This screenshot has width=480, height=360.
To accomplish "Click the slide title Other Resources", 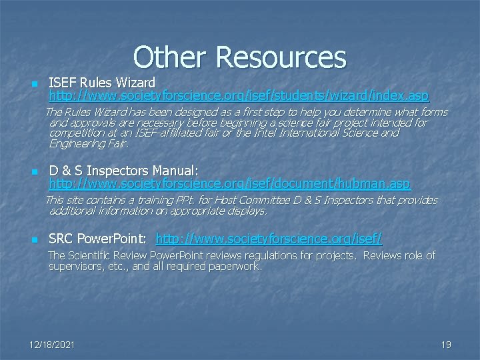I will pyautogui.click(x=239, y=57).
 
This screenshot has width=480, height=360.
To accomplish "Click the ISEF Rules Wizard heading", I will pyautogui.click(x=102, y=83).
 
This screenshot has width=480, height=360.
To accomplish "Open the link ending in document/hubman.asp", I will pyautogui.click(x=230, y=183).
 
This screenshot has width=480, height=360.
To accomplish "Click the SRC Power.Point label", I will pyautogui.click(x=99, y=239).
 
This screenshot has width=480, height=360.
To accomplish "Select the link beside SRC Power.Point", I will pyautogui.click(x=269, y=239).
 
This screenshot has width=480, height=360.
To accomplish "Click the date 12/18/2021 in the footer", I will pyautogui.click(x=52, y=345).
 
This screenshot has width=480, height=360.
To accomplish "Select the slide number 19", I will pyautogui.click(x=446, y=345).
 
